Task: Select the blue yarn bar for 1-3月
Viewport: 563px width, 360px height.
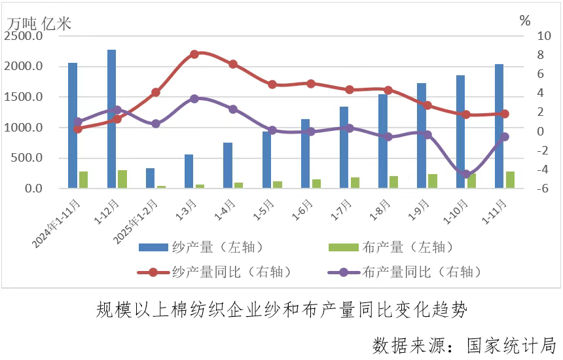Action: point(189,171)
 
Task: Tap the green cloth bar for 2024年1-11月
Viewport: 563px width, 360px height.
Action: point(83,180)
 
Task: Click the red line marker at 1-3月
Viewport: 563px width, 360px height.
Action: point(194,54)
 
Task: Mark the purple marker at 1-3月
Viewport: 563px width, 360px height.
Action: point(194,99)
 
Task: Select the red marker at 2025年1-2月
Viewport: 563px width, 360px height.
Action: point(156,92)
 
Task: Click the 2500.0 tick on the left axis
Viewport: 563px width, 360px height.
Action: point(24,36)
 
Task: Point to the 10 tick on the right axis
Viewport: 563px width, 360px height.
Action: point(526,36)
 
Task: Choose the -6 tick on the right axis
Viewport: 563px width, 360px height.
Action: point(524,189)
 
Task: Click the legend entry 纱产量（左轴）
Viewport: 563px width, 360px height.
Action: point(217,247)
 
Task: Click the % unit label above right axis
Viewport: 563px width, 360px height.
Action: point(524,20)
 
